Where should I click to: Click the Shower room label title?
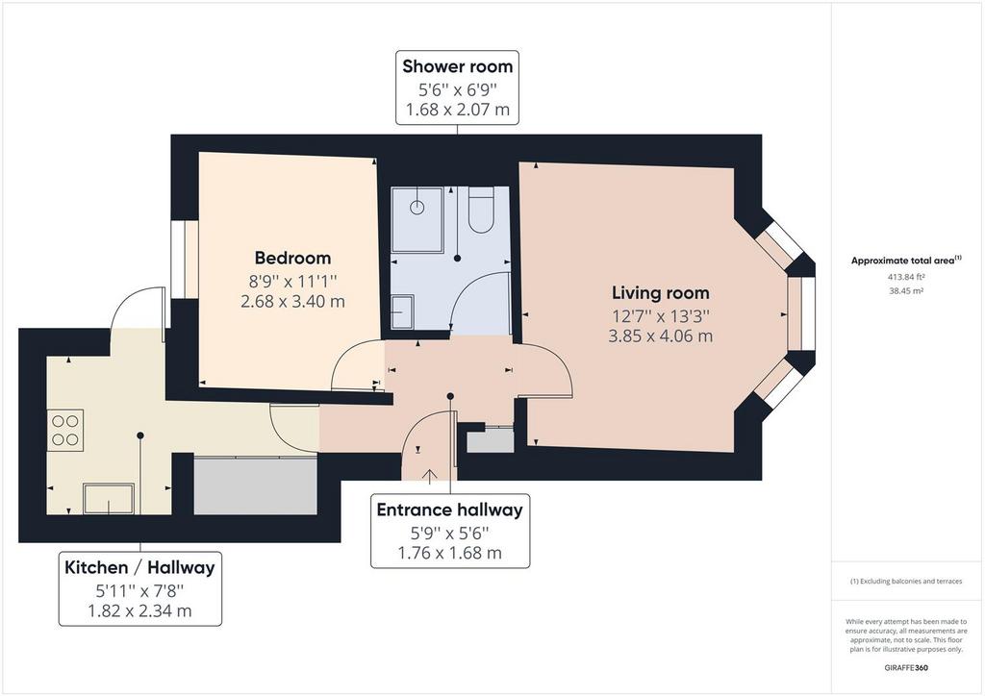457,66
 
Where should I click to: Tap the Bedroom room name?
292,258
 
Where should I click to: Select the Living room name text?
661,292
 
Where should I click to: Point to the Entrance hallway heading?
449,510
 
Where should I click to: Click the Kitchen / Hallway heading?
139,567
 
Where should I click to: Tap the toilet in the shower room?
480,211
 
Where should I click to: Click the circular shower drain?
417,206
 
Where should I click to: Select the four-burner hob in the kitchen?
64,429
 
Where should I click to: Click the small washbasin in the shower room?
402,311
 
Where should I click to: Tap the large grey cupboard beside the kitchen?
255,486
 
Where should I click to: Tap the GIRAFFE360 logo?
908,667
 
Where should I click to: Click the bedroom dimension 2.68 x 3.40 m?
292,301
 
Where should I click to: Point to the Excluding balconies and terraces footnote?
905,582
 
